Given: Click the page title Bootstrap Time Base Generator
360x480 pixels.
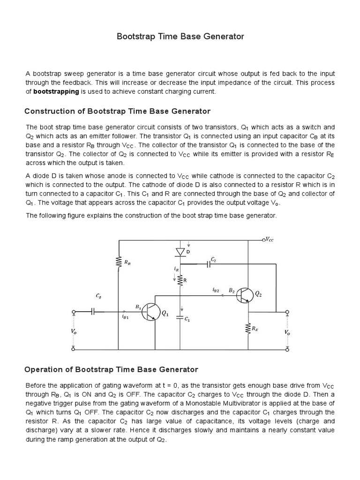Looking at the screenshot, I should (x=180, y=37).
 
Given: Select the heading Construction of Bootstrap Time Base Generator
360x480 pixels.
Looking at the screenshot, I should (x=117, y=111).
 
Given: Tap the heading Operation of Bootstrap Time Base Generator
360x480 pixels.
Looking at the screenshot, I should (x=111, y=369).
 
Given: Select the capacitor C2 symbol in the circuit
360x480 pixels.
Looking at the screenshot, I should (x=209, y=264).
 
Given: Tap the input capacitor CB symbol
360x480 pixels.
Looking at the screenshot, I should (x=93, y=311).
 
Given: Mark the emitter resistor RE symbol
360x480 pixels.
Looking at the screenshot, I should (x=247, y=330).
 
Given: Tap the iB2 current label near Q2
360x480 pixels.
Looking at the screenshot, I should (x=216, y=291).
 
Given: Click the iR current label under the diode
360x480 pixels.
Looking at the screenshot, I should (x=176, y=269).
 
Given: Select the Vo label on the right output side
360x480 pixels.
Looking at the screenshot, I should (x=287, y=332).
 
